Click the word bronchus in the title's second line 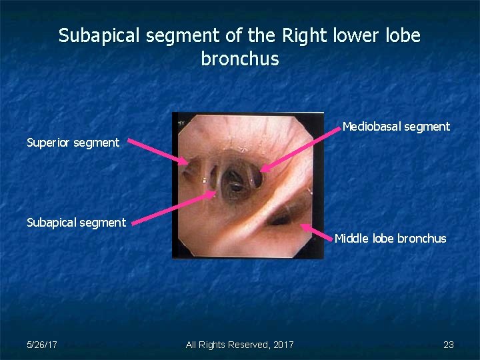point(239,59)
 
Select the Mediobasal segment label point(396,126)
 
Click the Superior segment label point(73,142)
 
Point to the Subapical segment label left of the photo point(76,222)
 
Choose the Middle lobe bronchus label point(390,238)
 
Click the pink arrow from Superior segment point(157,151)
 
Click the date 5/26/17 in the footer point(41,345)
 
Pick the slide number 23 point(449,345)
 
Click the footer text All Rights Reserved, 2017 point(239,345)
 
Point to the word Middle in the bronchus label point(351,238)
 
